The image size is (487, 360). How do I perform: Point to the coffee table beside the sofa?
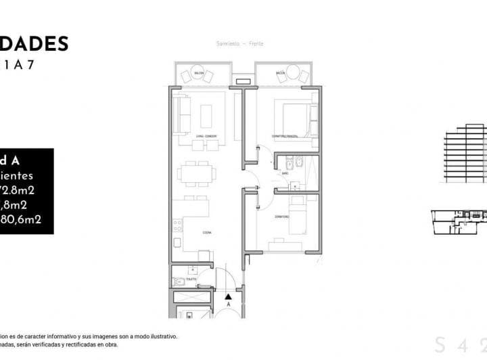[204, 116]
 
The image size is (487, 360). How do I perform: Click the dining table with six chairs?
[196, 173]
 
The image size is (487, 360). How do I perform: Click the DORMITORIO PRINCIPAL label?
[285, 137]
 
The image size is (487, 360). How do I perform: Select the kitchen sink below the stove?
[177, 242]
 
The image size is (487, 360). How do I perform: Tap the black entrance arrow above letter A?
[229, 296]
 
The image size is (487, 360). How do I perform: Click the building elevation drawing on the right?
[465, 154]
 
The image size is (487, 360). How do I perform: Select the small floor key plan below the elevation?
[459, 220]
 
